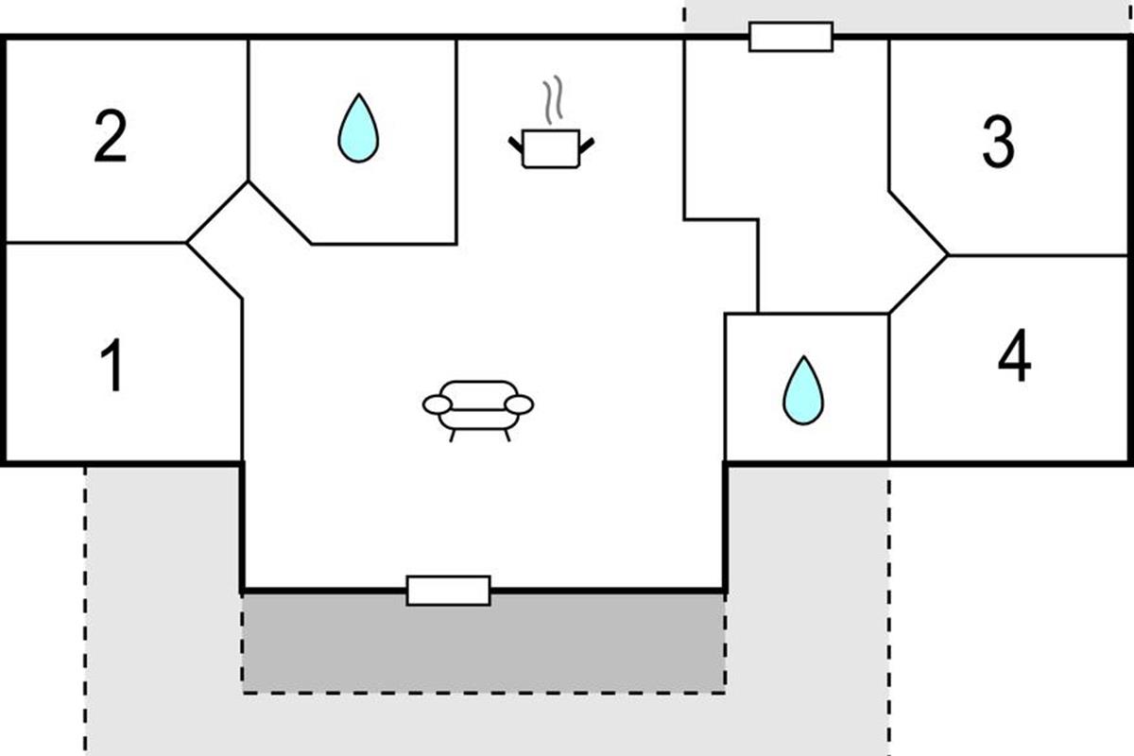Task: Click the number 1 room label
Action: click(112, 367)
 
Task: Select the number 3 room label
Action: click(998, 144)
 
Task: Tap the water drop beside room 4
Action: click(802, 391)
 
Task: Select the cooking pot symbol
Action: click(551, 150)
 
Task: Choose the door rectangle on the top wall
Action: click(790, 37)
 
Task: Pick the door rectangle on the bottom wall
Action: click(448, 591)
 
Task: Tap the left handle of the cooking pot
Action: click(516, 145)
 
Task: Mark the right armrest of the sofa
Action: click(519, 404)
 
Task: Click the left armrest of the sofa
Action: click(437, 404)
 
